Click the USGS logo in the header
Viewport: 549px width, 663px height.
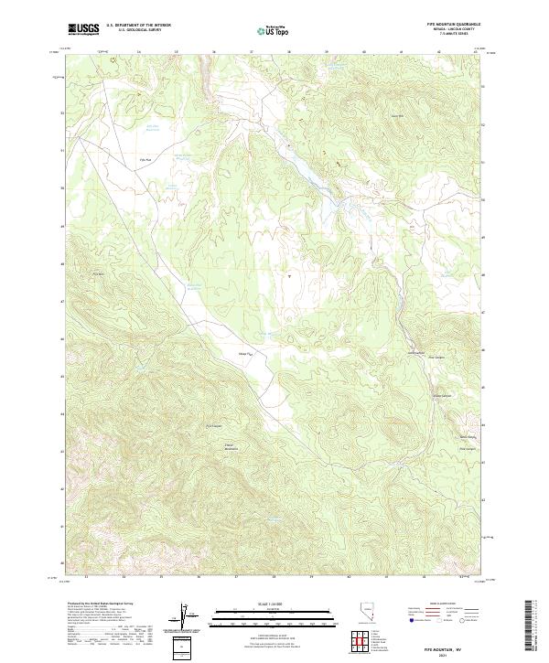click(83, 29)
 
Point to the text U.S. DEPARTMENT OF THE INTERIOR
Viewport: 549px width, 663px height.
click(138, 25)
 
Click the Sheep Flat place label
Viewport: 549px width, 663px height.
click(244, 353)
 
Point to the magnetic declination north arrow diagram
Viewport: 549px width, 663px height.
click(181, 615)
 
